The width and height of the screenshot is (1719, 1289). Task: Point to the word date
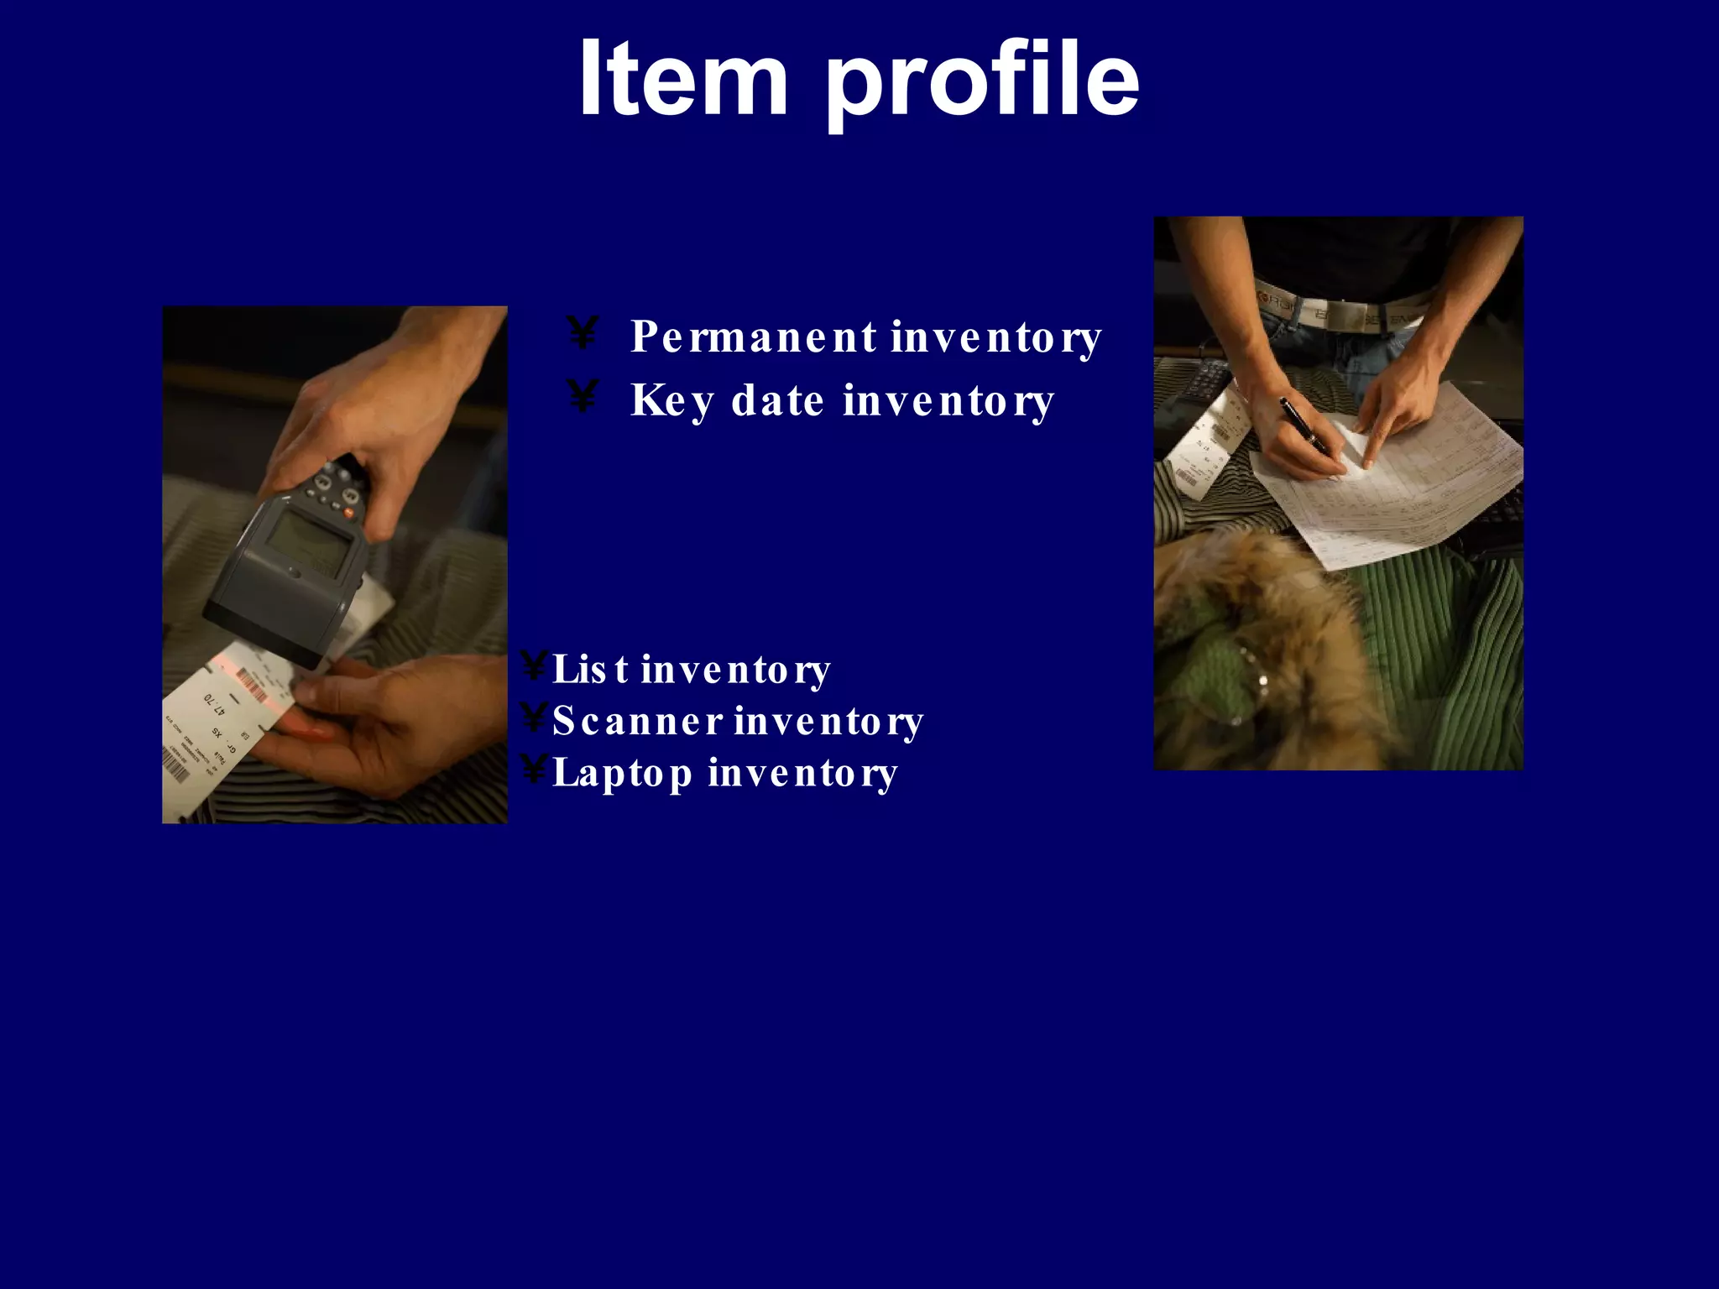777,400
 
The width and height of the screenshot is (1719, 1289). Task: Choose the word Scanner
637,721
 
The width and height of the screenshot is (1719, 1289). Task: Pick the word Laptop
622,772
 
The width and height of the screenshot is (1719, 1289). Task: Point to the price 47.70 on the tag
215,703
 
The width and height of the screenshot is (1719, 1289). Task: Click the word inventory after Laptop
802,772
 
